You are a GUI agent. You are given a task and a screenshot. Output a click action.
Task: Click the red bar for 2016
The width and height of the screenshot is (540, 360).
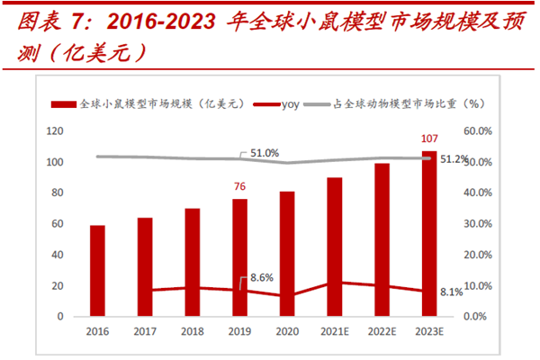click(x=97, y=271)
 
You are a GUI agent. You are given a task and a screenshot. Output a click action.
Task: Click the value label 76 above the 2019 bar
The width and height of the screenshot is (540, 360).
click(x=239, y=186)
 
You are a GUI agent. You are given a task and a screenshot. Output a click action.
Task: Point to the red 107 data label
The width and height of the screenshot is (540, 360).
click(x=429, y=139)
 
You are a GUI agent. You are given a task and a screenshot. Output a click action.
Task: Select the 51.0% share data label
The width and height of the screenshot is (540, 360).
click(x=265, y=153)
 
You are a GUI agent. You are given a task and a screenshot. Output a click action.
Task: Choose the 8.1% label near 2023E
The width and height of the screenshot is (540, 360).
click(x=453, y=292)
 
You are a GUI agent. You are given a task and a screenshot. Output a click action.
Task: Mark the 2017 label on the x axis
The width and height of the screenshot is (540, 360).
click(x=145, y=331)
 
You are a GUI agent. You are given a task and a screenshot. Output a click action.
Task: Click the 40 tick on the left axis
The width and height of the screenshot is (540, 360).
click(x=57, y=255)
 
